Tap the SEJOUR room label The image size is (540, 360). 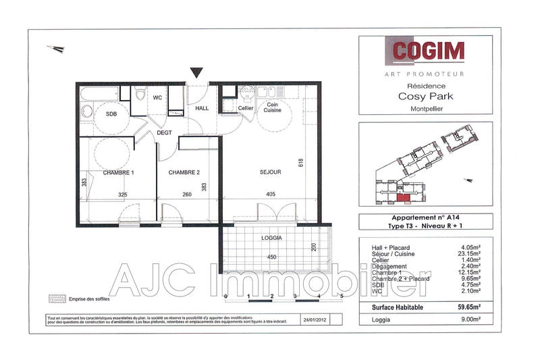pos(269,172)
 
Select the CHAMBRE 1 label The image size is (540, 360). pos(119,173)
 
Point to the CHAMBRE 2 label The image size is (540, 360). pos(184,173)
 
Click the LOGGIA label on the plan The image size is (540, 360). pos(271,238)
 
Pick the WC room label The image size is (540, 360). pos(157,98)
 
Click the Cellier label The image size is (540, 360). pos(246,108)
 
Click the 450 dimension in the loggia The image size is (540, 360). pos(271,257)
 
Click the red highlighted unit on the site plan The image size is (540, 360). pos(404,198)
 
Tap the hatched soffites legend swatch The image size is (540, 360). pos(57,299)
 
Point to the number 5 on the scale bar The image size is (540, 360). pos(342,296)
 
